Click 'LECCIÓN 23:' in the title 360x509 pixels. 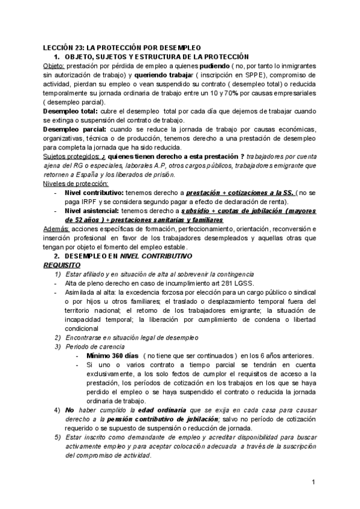63,47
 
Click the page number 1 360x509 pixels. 314,482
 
